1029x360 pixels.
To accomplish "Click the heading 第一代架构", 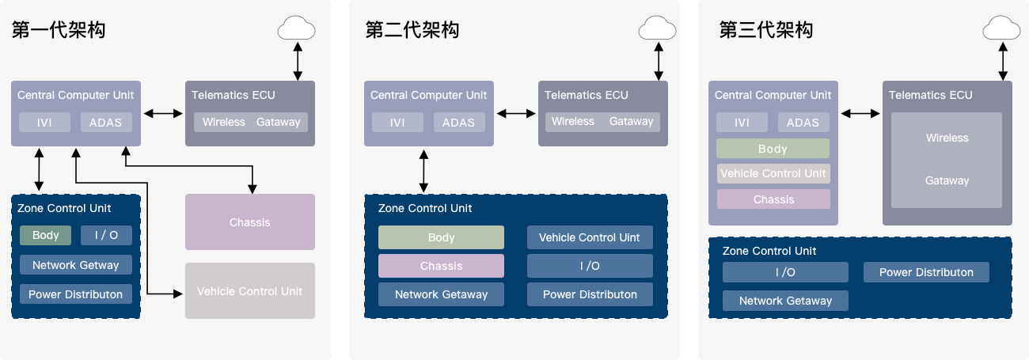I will [59, 30].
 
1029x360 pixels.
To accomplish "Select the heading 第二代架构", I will [412, 30].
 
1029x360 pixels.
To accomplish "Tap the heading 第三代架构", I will [765, 30].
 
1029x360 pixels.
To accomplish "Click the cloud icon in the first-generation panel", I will [297, 29].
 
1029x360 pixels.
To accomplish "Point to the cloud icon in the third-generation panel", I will [1002, 29].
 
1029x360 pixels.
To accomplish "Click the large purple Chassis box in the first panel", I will [250, 222].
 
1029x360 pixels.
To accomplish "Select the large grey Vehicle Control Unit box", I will [250, 291].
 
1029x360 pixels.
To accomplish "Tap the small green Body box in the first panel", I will [46, 236].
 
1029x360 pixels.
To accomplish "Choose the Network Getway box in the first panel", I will [76, 265].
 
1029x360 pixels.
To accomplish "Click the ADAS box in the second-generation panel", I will [458, 123].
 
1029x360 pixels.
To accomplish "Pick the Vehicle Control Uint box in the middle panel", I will [590, 237].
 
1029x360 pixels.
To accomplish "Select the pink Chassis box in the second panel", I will [441, 266].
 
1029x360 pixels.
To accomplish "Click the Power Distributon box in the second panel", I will [590, 294].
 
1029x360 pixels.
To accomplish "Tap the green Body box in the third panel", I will [773, 149].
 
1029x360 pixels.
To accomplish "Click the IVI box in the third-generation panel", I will [742, 123].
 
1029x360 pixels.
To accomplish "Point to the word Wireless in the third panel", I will [947, 138].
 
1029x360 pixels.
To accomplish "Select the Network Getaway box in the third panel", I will [785, 301].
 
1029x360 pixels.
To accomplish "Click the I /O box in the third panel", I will [785, 272].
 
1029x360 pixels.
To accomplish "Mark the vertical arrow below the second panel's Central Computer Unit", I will [425, 170].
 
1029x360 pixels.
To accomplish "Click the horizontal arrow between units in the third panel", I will [860, 114].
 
